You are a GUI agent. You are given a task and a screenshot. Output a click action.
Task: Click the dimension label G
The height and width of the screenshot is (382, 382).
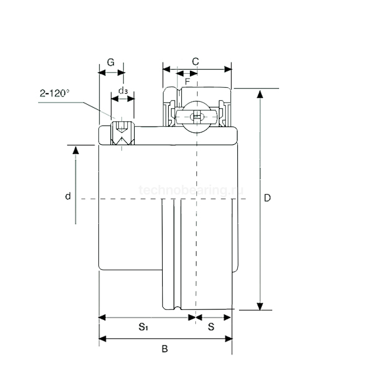pyautogui.click(x=110, y=62)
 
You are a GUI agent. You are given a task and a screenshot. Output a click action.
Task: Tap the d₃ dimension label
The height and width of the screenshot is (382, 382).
pyautogui.click(x=123, y=90)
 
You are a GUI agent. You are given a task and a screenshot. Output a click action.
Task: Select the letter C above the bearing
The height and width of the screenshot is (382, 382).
pyautogui.click(x=195, y=61)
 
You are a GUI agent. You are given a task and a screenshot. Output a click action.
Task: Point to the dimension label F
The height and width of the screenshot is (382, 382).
pyautogui.click(x=187, y=81)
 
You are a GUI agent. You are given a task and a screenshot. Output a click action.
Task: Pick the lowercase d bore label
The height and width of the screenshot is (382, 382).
pyautogui.click(x=68, y=196)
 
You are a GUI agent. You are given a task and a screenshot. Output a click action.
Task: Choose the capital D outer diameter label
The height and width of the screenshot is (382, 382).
pyautogui.click(x=267, y=198)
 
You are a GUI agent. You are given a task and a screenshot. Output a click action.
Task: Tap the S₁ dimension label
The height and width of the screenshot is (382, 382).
pyautogui.click(x=143, y=327)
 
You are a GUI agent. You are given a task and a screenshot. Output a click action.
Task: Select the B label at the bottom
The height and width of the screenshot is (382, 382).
pyautogui.click(x=165, y=349)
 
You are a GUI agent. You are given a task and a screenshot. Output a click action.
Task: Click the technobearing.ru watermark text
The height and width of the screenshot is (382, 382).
pyautogui.click(x=191, y=190)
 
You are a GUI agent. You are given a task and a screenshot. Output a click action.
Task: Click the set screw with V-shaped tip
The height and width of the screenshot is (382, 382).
pyautogui.click(x=122, y=134)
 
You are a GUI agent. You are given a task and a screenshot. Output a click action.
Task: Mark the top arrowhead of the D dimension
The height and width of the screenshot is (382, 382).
pyautogui.click(x=260, y=93)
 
